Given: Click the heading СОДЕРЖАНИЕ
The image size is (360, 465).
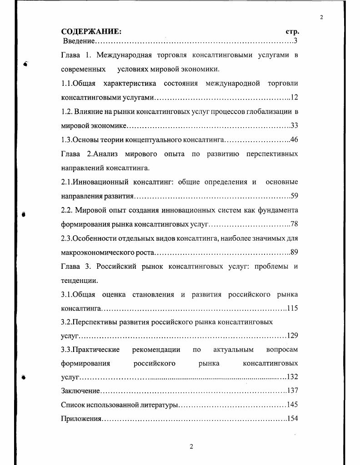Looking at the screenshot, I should [x=91, y=32].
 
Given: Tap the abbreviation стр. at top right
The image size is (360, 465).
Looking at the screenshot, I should [x=292, y=32].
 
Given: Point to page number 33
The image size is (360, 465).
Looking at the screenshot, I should [x=294, y=126].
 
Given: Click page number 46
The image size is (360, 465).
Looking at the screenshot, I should [x=294, y=140].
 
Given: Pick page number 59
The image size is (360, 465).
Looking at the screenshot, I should [x=294, y=196].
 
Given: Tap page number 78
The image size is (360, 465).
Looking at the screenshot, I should [x=294, y=224].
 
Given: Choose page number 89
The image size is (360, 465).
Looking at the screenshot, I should [x=294, y=252].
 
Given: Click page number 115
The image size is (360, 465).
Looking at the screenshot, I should [x=292, y=308].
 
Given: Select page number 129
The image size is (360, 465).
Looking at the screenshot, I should [x=292, y=336].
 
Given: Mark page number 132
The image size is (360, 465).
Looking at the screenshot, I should [x=292, y=377].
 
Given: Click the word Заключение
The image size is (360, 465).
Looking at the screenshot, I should [x=80, y=391].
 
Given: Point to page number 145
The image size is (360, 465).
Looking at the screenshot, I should [x=292, y=405].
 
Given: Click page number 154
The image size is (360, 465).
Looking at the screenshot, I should [x=292, y=419].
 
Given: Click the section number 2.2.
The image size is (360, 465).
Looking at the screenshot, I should [x=67, y=210].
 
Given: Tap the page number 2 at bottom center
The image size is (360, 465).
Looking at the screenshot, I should [x=191, y=446].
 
